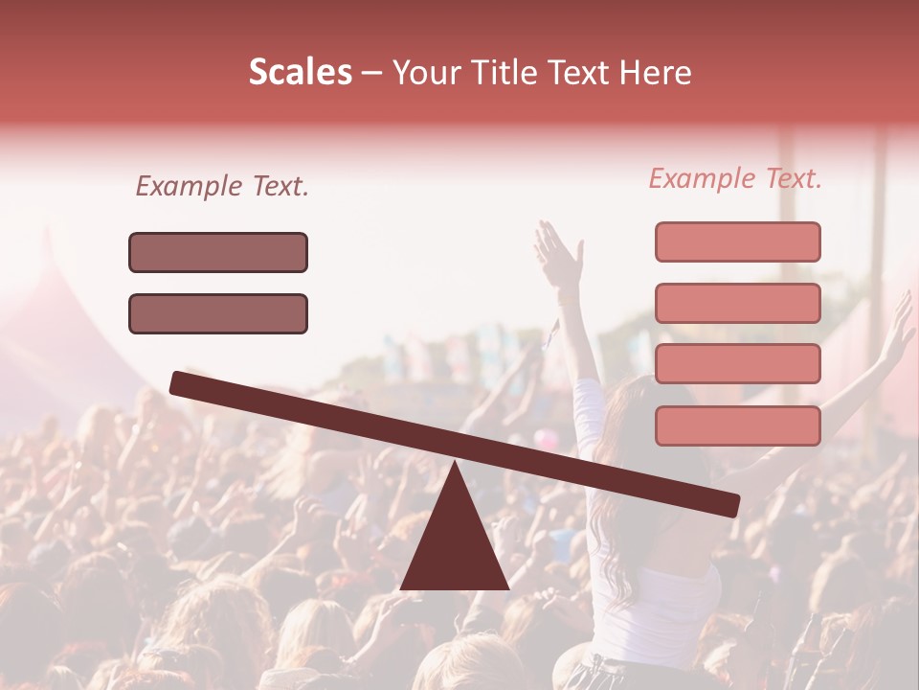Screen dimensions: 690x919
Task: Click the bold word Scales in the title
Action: click(300, 72)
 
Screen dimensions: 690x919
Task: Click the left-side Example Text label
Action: click(222, 186)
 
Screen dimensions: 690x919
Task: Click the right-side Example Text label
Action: click(735, 178)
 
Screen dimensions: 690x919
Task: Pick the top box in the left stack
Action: click(218, 252)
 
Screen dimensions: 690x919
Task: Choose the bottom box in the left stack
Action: click(218, 313)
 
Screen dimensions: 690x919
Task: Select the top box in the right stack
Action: click(737, 241)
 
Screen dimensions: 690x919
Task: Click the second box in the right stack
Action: click(737, 303)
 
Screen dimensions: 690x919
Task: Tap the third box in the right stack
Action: click(737, 364)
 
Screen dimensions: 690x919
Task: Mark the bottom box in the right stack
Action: click(737, 425)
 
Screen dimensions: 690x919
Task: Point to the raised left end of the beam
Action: click(182, 382)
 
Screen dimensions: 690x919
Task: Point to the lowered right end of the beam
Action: click(728, 504)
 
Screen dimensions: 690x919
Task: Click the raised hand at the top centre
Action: click(557, 251)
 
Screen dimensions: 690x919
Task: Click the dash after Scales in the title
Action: click(372, 72)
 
